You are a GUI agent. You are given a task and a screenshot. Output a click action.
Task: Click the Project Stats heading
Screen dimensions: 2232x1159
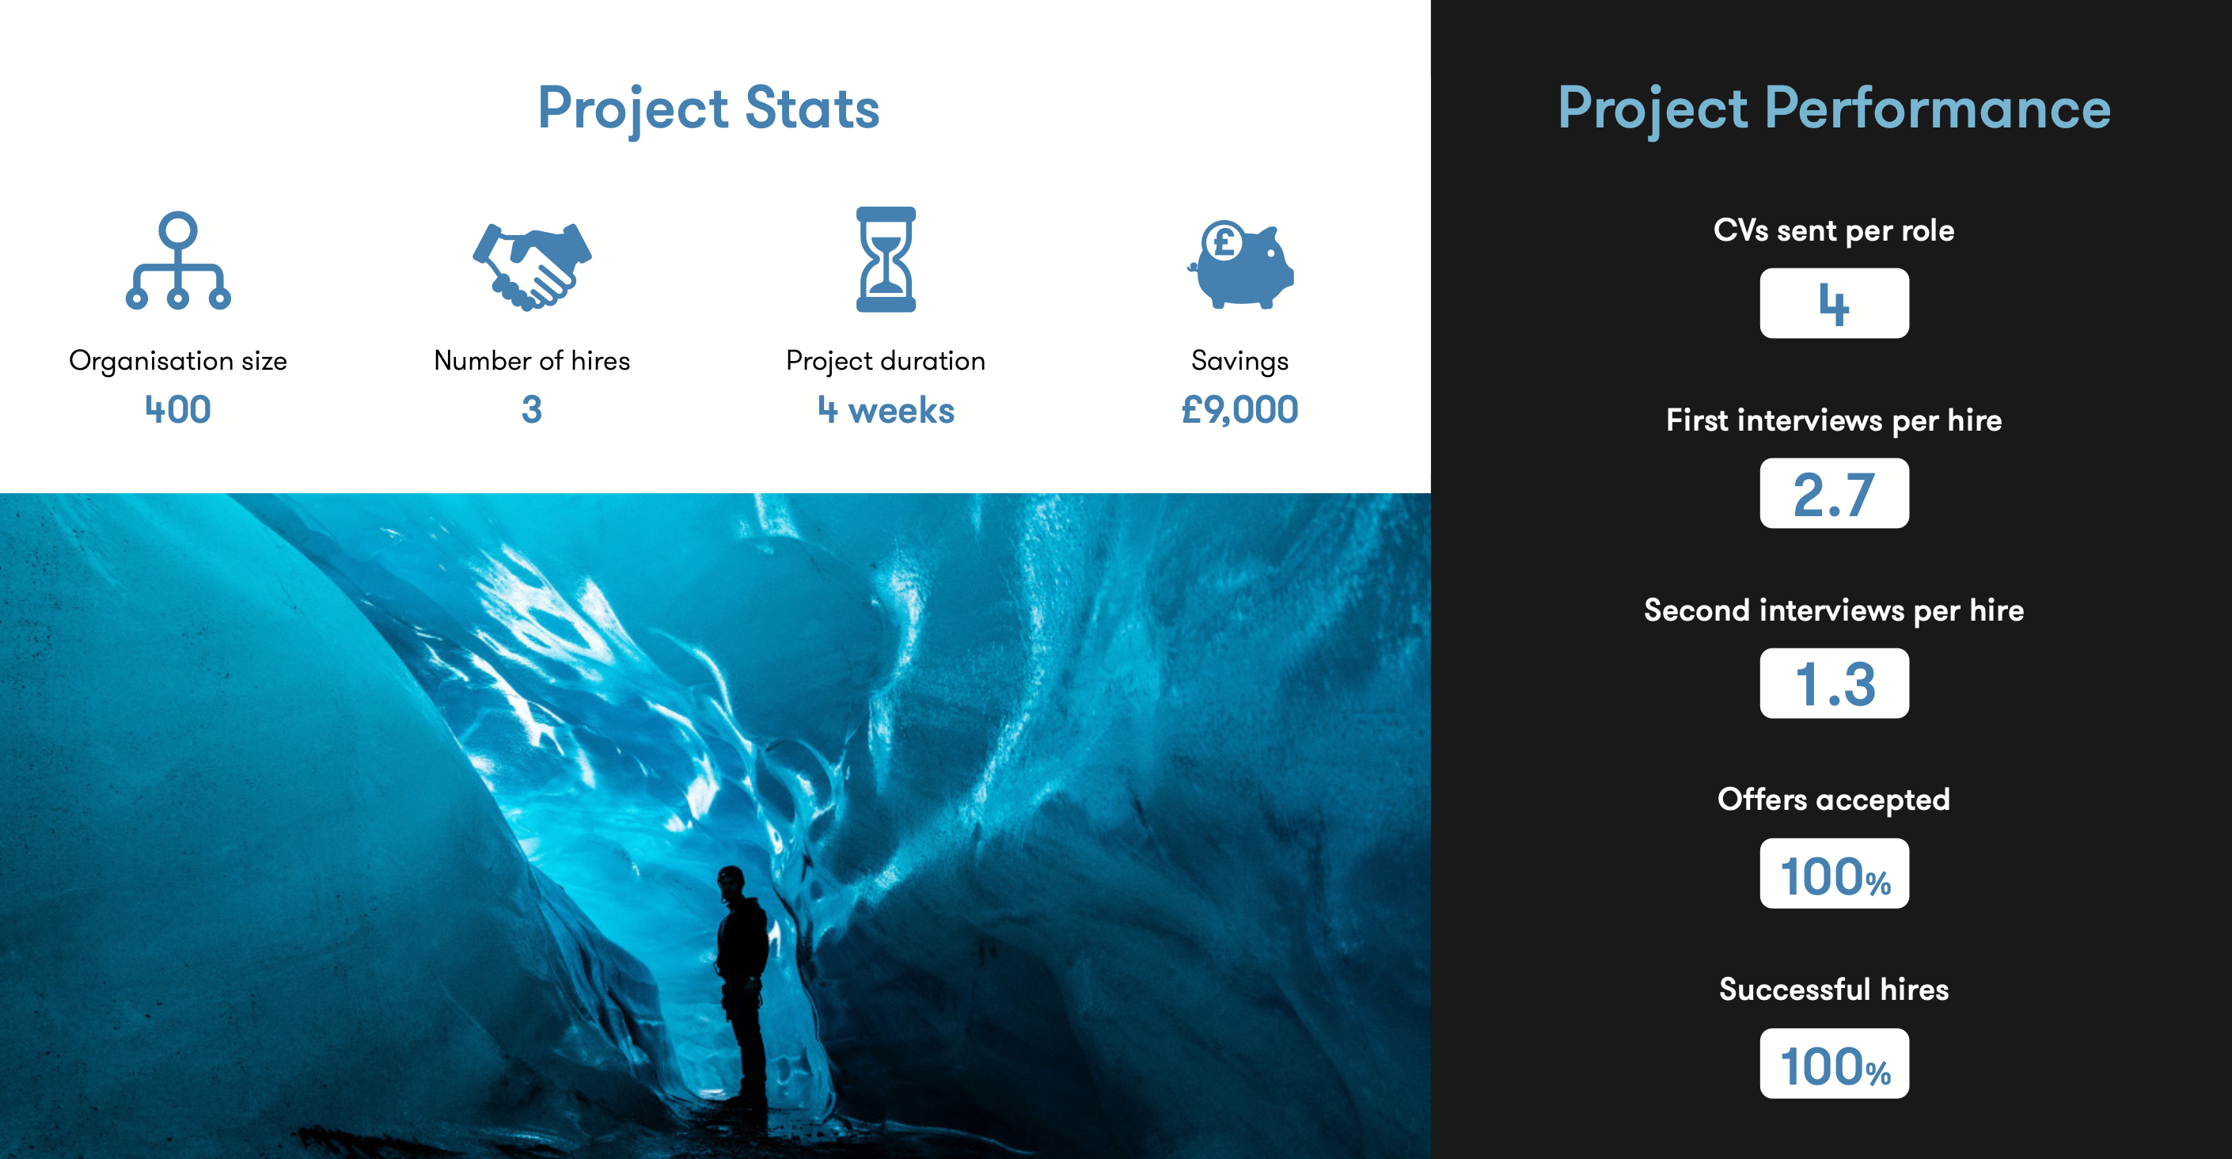coord(708,109)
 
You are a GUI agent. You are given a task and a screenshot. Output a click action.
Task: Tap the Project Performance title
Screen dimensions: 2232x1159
coord(1833,109)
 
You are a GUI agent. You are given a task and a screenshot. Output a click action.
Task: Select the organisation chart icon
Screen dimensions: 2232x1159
coord(177,260)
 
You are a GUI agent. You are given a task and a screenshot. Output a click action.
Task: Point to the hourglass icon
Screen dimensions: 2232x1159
coord(886,259)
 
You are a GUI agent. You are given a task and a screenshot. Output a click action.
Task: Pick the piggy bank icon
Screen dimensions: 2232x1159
coord(1241,264)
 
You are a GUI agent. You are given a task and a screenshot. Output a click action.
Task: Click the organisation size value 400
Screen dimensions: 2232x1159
coord(177,409)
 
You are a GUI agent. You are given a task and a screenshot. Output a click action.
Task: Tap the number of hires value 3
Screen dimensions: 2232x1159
coord(532,409)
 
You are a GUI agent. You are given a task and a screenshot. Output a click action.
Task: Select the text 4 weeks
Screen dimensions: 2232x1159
coord(886,410)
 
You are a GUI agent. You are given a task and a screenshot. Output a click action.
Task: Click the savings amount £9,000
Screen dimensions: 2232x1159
coord(1240,410)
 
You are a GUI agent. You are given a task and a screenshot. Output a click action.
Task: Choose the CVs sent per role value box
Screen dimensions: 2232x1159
coord(1835,303)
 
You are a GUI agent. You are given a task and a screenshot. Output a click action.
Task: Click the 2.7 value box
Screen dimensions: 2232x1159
coord(1835,493)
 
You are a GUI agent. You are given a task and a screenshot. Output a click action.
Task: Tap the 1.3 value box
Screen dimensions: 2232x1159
coord(1835,683)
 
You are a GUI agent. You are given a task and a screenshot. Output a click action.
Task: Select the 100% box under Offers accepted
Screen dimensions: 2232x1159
coord(1835,873)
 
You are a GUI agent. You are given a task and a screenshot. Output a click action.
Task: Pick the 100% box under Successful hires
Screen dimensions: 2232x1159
coord(1835,1064)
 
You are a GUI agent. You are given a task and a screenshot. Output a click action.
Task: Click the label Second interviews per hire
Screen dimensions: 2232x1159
coord(1835,611)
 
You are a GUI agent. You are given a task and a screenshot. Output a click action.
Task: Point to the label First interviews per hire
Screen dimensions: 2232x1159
coord(1835,421)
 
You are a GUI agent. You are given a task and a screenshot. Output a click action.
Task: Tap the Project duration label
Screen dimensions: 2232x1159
coord(886,361)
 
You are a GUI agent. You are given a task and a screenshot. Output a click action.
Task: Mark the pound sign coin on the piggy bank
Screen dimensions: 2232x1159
coord(1224,242)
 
